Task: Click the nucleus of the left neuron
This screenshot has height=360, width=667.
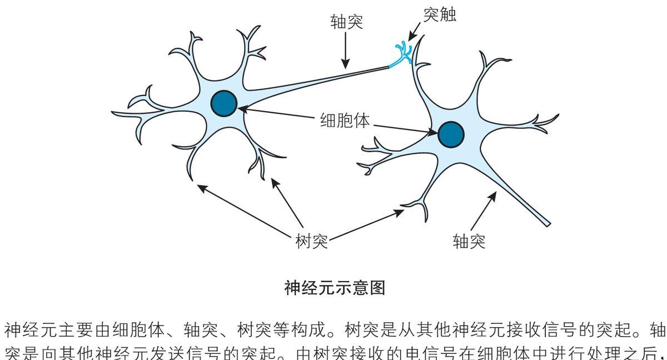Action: pyautogui.click(x=224, y=103)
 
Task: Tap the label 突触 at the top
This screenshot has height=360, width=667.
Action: pyautogui.click(x=440, y=16)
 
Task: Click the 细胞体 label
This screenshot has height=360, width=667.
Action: pyautogui.click(x=345, y=121)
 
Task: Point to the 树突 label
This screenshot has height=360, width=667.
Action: pyautogui.click(x=312, y=242)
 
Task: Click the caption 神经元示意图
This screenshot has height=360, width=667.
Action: pyautogui.click(x=334, y=288)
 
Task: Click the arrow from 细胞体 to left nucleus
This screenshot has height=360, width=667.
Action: pyautogui.click(x=278, y=114)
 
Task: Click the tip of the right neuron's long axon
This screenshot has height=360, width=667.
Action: pyautogui.click(x=547, y=224)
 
